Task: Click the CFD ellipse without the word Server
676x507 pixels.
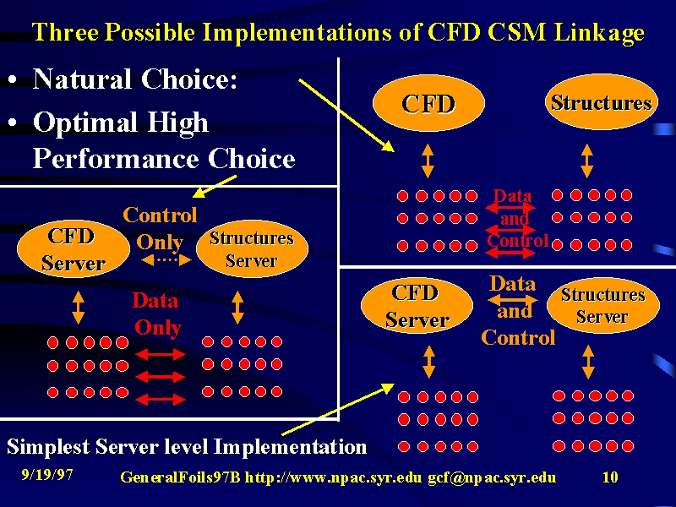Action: click(x=428, y=103)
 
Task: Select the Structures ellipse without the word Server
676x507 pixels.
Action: click(x=602, y=101)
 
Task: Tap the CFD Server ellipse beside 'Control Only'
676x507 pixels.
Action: click(x=74, y=249)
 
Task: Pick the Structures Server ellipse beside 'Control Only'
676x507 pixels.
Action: click(x=252, y=248)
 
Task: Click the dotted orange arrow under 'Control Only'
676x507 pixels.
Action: click(x=166, y=259)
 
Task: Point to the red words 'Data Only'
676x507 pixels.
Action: click(x=156, y=314)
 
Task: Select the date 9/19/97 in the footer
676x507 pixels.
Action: click(x=47, y=475)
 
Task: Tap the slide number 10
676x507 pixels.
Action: click(x=610, y=477)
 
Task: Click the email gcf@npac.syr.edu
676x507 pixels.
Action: click(x=492, y=477)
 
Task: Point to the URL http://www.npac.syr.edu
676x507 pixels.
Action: click(x=333, y=477)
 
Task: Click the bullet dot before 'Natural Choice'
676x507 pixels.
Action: click(x=13, y=79)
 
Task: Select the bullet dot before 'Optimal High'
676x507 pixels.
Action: click(x=13, y=123)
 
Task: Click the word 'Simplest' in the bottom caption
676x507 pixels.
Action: click(x=48, y=447)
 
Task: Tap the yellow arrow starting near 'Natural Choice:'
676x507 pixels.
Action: click(x=346, y=115)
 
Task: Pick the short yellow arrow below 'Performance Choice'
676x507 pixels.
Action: click(x=215, y=186)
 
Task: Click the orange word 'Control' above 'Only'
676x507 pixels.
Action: click(x=160, y=215)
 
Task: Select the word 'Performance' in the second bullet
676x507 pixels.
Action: click(x=116, y=159)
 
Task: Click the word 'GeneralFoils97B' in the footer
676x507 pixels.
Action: click(x=180, y=477)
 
